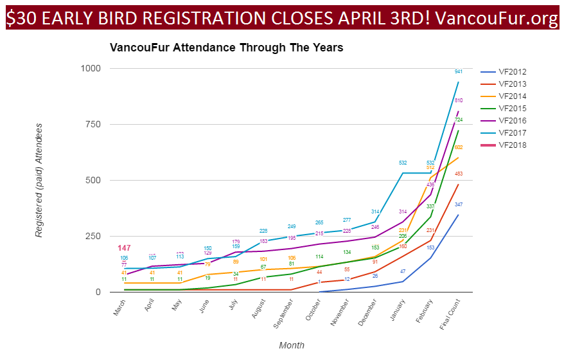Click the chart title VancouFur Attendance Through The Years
226,48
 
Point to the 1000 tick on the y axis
89,68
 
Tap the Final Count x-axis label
450,315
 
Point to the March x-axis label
119,309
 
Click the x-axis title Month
292,345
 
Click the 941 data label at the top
458,71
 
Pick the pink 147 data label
124,248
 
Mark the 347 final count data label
458,204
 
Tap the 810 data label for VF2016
458,100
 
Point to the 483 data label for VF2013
458,174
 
